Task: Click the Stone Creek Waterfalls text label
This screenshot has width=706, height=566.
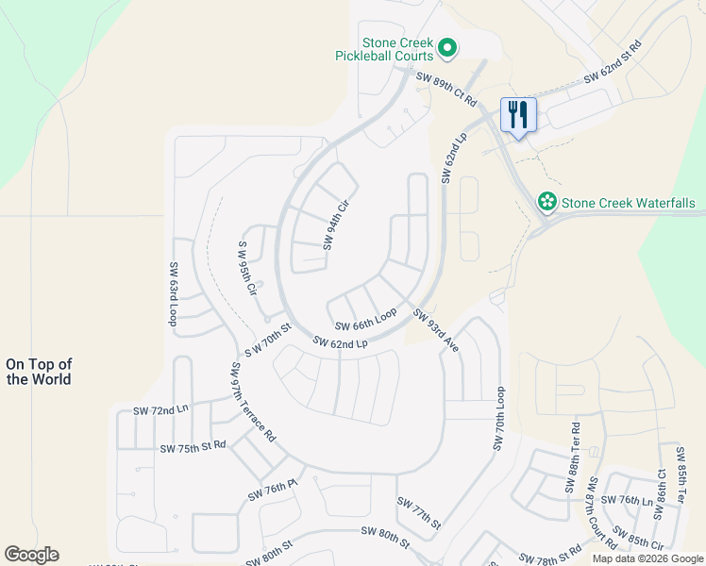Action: tap(628, 203)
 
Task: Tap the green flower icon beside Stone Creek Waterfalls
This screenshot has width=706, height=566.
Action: tap(546, 202)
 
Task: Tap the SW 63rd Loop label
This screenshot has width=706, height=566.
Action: tap(174, 294)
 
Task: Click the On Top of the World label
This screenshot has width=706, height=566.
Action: tap(39, 372)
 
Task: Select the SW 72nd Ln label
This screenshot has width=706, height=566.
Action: tap(160, 411)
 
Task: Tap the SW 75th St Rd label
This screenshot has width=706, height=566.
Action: tap(193, 446)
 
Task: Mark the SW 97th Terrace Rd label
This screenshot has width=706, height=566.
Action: tap(250, 402)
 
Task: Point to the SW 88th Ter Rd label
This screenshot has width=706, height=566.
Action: tap(572, 458)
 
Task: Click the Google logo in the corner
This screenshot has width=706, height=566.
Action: tap(31, 555)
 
